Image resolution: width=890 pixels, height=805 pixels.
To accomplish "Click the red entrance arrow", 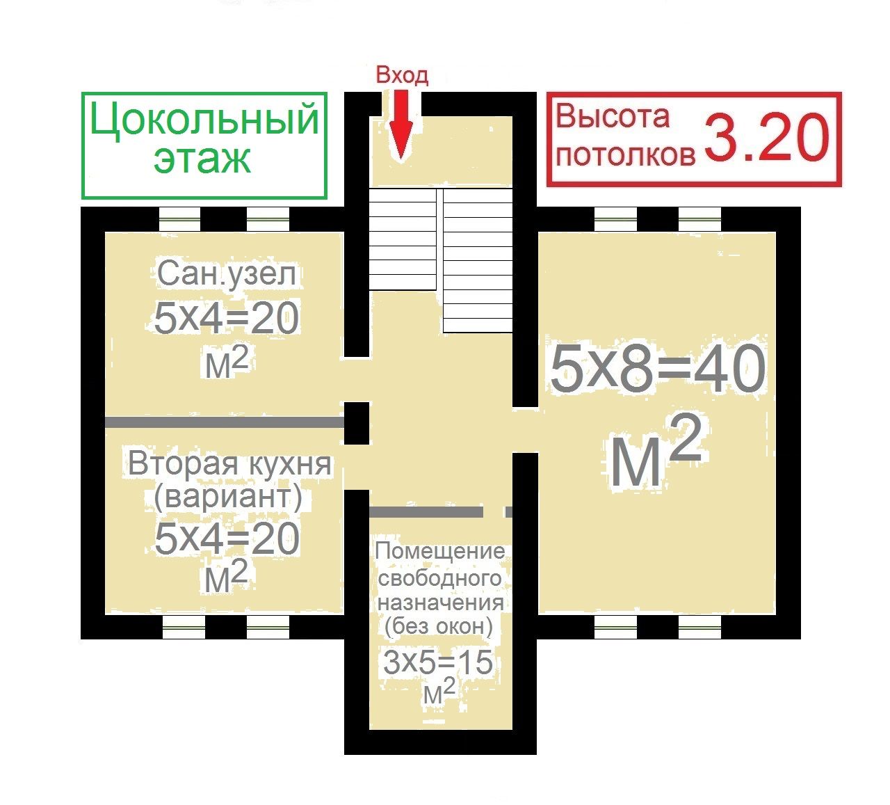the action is [401, 125].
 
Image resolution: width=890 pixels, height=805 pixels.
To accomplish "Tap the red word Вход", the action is [402, 75].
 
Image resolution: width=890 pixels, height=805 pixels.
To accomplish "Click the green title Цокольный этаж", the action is [204, 138].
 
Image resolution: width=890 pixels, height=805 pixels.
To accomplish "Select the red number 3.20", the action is [767, 138].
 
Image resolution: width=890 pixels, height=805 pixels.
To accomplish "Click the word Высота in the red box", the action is [613, 116].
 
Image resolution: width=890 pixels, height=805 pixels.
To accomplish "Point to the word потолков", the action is [626, 156].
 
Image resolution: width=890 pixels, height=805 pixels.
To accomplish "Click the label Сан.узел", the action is [226, 274].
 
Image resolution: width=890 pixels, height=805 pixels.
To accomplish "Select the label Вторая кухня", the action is [230, 464].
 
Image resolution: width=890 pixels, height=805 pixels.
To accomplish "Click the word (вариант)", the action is [228, 497].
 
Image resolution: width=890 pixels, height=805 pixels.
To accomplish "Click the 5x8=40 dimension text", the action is [658, 369].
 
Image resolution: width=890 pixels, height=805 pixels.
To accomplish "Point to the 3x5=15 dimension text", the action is [438, 662].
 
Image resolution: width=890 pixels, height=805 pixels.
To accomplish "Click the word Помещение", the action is [440, 552].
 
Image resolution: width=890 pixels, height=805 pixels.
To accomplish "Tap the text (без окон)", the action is [439, 626].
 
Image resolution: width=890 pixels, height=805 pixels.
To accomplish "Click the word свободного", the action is [439, 577].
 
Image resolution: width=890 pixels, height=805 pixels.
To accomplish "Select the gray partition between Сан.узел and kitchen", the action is [225, 422].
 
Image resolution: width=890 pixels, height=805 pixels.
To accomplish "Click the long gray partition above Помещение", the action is [426, 512].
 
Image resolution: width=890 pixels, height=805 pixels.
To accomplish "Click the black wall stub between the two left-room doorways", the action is [357, 423].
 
